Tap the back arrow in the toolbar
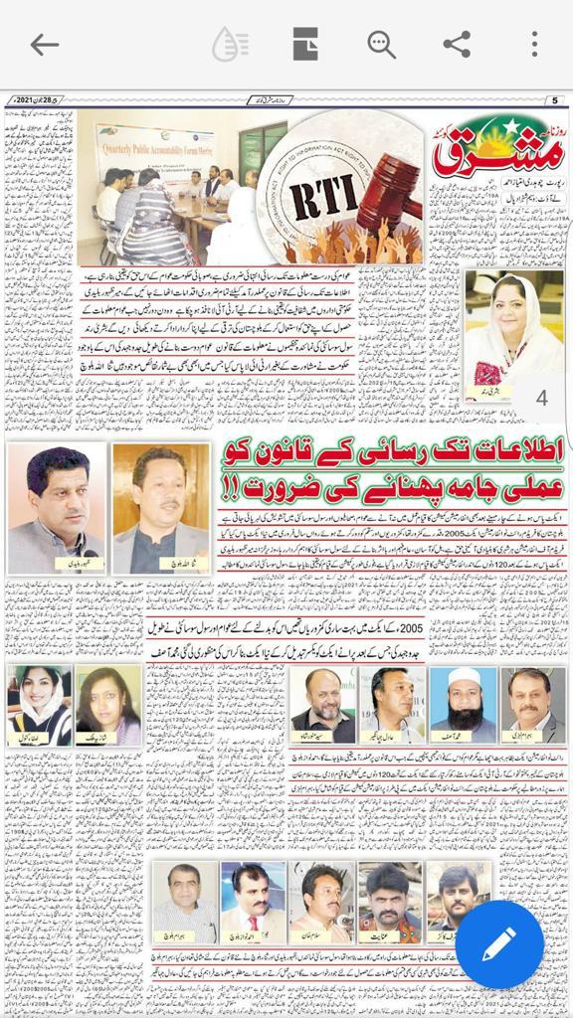[x=44, y=45]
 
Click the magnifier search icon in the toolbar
[x=381, y=45]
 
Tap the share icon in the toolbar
[x=457, y=45]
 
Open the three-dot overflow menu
[x=534, y=45]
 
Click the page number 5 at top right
[x=555, y=99]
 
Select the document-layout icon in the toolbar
[x=305, y=45]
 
